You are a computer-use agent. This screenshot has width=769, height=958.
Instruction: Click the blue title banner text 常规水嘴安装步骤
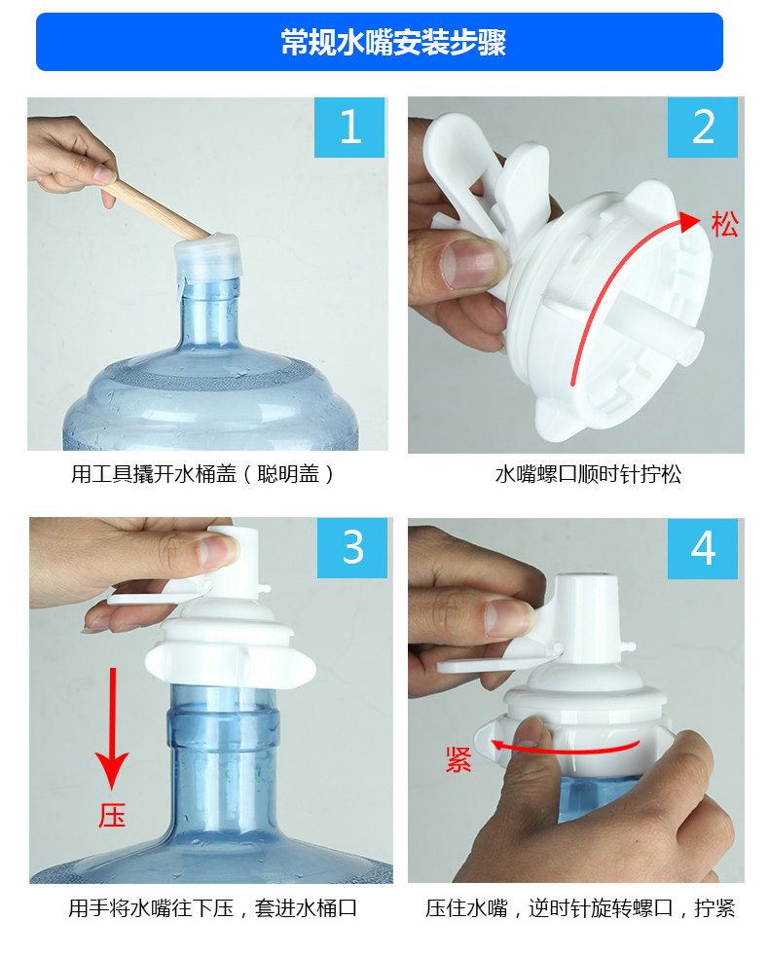(x=393, y=42)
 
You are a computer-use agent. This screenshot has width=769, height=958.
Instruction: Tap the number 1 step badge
(x=349, y=128)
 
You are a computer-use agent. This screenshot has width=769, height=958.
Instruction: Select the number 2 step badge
(x=703, y=128)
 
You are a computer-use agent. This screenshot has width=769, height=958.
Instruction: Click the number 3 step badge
(x=352, y=547)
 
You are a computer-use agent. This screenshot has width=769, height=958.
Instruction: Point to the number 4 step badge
(x=703, y=548)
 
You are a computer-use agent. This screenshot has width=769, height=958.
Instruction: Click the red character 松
(x=724, y=224)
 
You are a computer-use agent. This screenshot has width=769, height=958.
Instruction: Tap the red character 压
(x=112, y=816)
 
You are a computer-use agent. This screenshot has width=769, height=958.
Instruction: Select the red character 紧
(x=458, y=759)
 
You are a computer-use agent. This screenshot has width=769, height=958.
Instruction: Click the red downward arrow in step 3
(x=112, y=728)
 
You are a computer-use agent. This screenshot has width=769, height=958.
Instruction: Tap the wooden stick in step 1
(x=160, y=207)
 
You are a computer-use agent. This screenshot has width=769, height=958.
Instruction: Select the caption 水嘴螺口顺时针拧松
(x=588, y=474)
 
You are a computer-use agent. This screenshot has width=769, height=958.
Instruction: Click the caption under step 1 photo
(x=202, y=474)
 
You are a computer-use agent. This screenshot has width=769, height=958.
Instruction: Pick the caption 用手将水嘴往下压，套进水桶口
(x=212, y=908)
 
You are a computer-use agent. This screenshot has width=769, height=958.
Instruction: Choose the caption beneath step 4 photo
(x=579, y=908)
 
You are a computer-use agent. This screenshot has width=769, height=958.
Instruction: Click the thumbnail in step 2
(x=467, y=264)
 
